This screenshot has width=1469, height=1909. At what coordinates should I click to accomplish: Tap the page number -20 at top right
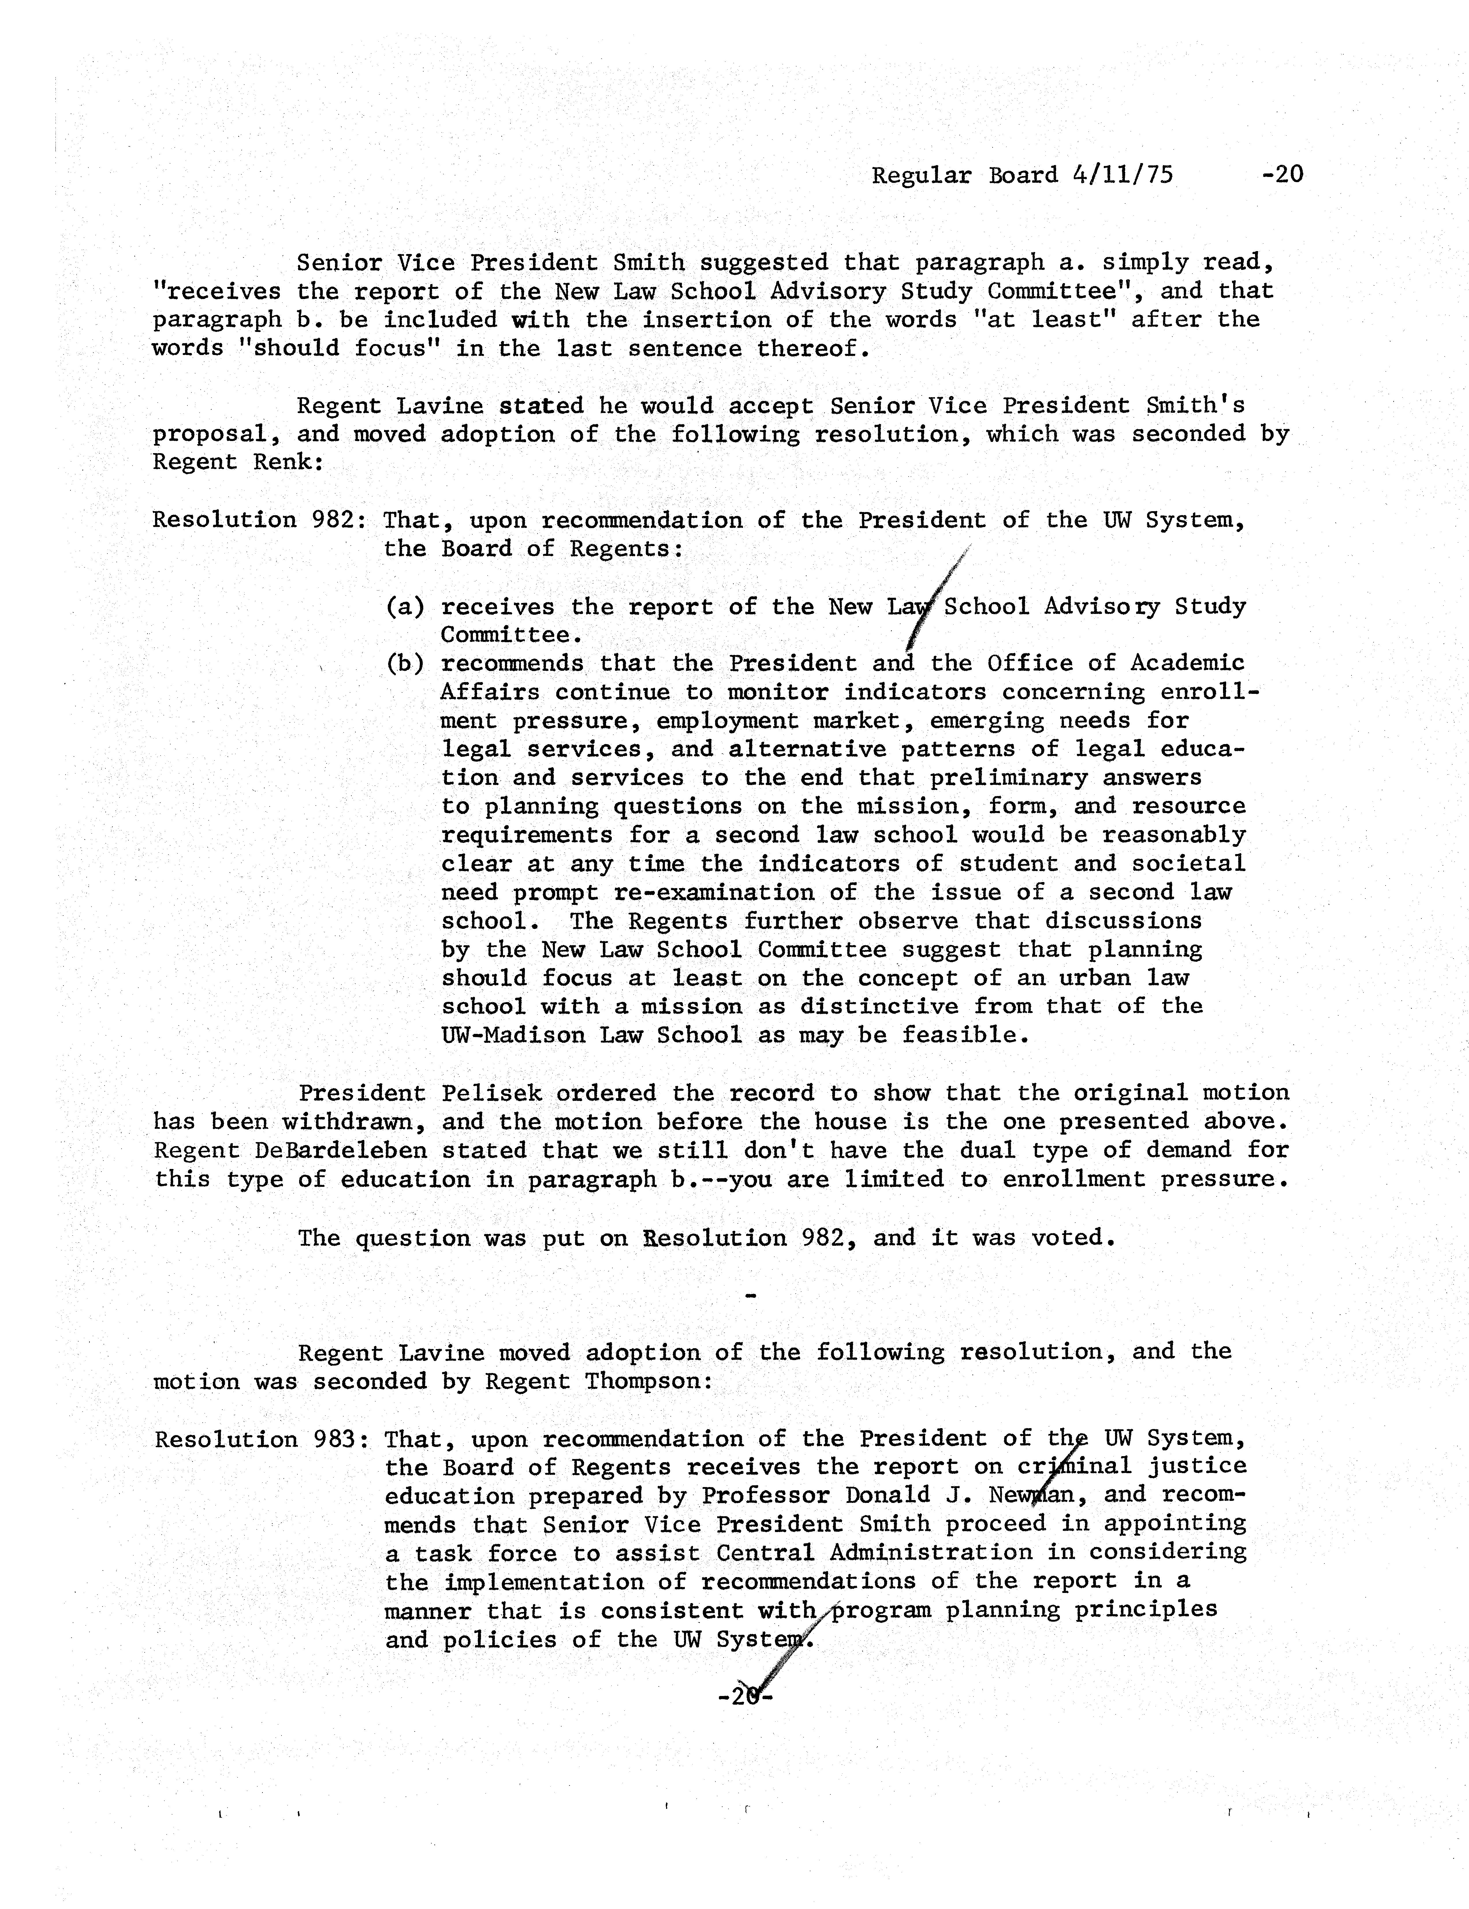tap(1282, 175)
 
